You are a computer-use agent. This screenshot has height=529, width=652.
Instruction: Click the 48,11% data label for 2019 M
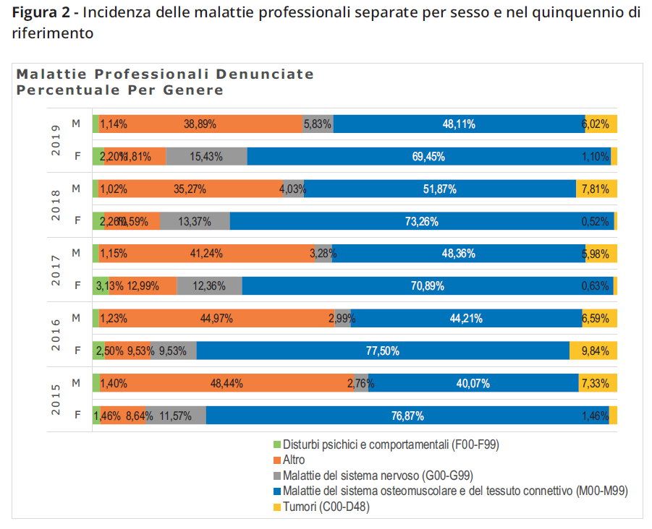point(458,124)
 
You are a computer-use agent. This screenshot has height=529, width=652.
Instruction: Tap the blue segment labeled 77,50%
point(382,351)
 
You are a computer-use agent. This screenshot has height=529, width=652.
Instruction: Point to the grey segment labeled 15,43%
point(206,157)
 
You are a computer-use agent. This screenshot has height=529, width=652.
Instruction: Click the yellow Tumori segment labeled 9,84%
point(593,351)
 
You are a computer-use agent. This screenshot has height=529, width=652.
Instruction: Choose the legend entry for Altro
point(294,460)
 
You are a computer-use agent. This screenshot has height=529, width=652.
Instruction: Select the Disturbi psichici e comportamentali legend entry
point(391,444)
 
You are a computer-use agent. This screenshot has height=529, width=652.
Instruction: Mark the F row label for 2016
point(77,351)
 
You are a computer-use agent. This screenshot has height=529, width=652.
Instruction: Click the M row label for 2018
point(76,188)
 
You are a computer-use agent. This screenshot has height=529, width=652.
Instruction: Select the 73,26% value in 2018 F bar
point(422,222)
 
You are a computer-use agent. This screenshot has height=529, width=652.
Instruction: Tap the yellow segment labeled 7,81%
point(596,189)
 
